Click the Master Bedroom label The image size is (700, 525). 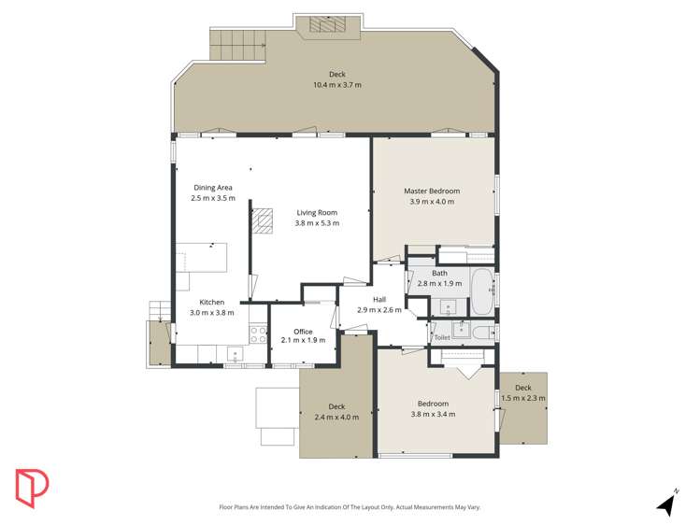432,191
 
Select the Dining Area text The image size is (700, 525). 213,188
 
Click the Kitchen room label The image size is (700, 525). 212,302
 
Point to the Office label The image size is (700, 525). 303,332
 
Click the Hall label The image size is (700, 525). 379,300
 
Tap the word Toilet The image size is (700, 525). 442,337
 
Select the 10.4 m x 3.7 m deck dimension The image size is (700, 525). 336,85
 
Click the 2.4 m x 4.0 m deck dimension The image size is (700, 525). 336,417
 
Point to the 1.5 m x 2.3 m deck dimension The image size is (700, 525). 523,398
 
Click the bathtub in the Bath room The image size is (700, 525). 481,292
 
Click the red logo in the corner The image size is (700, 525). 31,488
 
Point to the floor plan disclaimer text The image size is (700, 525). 350,507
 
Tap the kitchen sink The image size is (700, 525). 235,352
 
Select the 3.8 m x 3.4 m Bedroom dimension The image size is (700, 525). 434,414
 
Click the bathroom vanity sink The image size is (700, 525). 448,306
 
